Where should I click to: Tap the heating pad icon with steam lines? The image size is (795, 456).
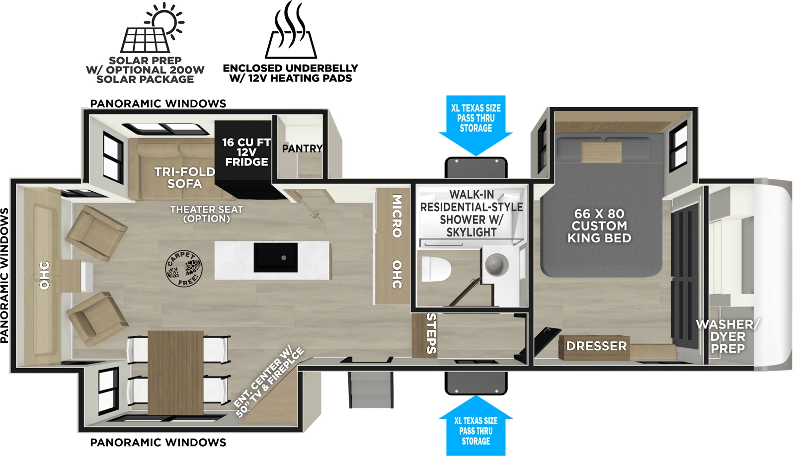291,32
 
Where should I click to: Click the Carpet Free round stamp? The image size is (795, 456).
184,269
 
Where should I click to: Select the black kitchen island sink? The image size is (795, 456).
276,257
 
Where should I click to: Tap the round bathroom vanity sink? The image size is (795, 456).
496,264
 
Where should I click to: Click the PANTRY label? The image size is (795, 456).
302,149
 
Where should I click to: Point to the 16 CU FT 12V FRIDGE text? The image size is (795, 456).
246,152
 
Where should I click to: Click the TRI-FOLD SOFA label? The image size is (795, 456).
184,178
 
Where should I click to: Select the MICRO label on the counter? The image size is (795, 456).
397,216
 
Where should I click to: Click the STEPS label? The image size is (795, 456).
431,333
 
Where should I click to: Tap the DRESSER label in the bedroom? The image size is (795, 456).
596,346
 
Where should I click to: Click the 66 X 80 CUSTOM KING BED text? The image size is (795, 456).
599,226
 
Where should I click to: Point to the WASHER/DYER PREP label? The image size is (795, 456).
727,336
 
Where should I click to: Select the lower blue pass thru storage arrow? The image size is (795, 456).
476,427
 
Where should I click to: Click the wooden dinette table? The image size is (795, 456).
175,368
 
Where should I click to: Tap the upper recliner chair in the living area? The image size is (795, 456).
97,232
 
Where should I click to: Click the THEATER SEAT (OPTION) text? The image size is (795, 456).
206,214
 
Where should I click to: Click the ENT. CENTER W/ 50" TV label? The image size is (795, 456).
268,382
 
